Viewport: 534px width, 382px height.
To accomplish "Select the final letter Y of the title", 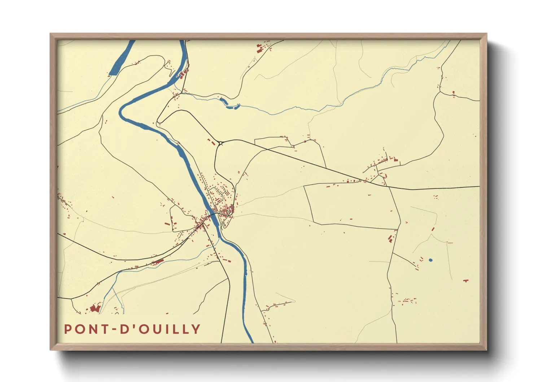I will tap(196, 329).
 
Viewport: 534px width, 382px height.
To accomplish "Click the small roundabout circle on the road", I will tap(220, 143).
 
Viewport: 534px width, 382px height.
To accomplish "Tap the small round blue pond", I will tap(430, 260).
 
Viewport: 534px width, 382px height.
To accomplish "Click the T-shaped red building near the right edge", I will tap(465, 281).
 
